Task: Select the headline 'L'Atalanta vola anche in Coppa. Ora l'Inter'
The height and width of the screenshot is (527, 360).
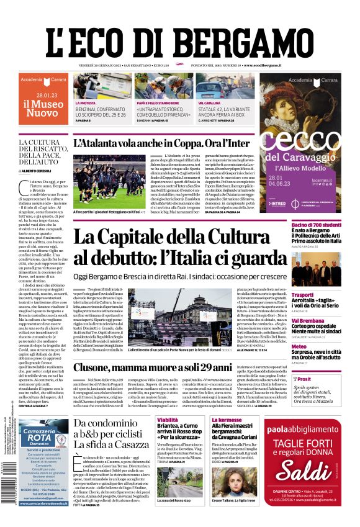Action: point(162,143)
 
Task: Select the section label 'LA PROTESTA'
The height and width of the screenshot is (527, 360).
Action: point(86,102)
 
